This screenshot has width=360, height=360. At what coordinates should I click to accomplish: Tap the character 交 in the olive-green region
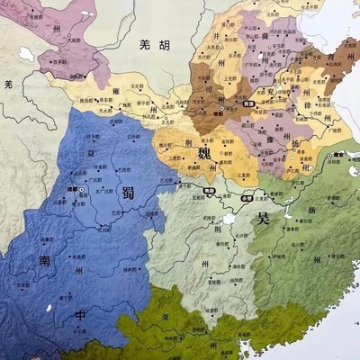[164, 317]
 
